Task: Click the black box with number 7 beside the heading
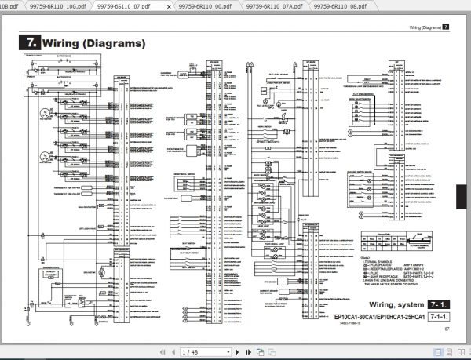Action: click(x=30, y=42)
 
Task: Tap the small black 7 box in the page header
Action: click(x=446, y=27)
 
